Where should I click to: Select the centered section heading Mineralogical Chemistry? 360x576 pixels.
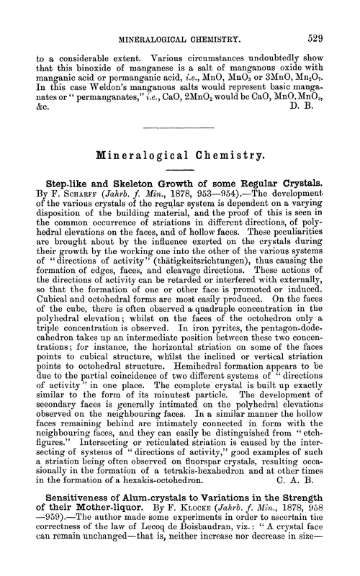click(179, 157)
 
